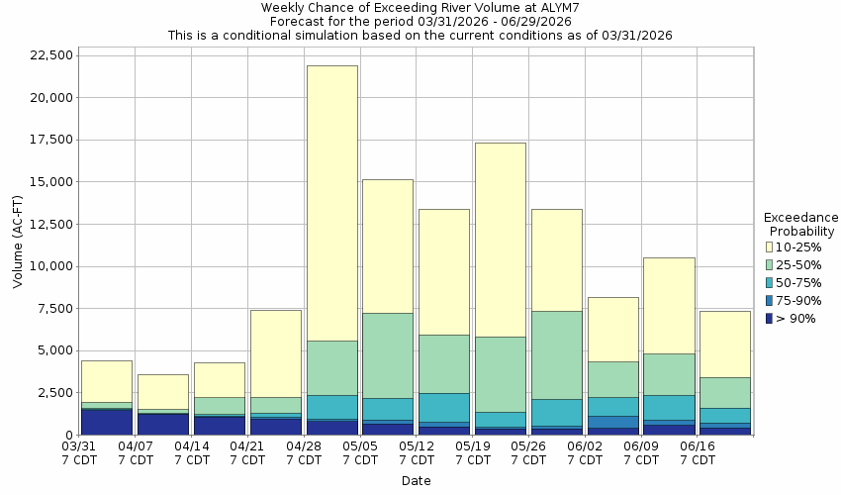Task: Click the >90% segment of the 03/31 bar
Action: pos(107,422)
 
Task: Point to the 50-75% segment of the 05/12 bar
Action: pos(444,407)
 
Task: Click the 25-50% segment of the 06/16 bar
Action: pos(725,392)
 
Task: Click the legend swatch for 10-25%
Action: pos(770,247)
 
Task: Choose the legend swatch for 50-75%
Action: pos(770,282)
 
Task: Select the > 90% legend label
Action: pos(797,318)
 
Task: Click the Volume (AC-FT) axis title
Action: pos(18,245)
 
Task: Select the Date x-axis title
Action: pos(416,481)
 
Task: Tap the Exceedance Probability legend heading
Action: pos(801,224)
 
